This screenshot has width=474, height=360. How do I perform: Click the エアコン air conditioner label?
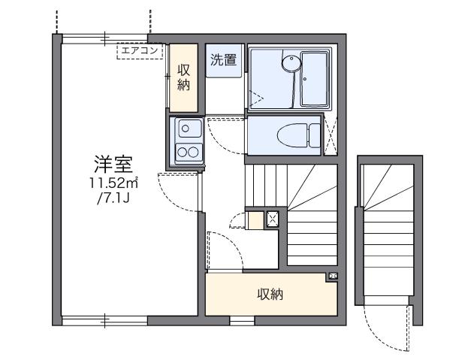140,51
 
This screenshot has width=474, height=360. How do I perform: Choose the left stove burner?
181,153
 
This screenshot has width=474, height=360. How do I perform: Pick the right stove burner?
192,153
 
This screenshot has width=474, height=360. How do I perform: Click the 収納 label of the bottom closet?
270,295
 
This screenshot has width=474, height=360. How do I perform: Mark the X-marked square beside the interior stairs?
273,220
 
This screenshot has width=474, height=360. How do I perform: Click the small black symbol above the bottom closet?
332,277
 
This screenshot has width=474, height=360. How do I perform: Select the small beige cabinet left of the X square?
255,220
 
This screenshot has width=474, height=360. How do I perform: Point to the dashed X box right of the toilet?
331,136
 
